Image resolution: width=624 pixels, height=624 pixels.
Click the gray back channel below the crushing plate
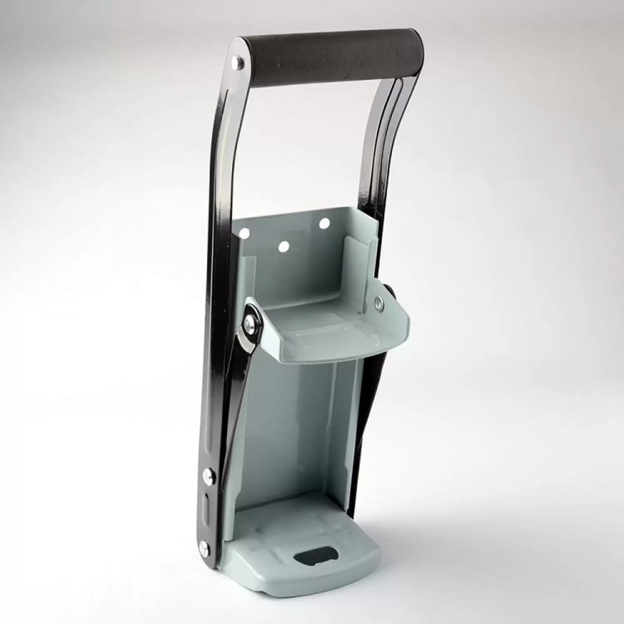(300, 437)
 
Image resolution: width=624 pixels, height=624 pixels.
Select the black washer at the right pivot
(389, 291)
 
